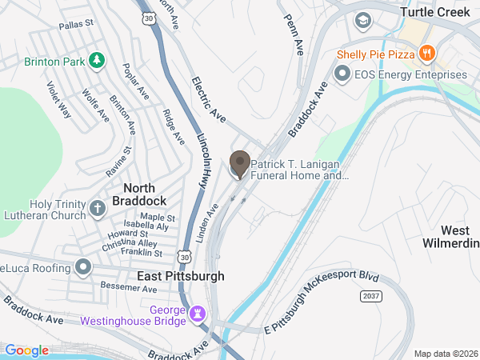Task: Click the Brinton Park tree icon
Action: (x=96, y=60)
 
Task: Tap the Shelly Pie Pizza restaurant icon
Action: (x=428, y=54)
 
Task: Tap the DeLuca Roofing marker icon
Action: (x=82, y=266)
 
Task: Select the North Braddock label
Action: (x=145, y=194)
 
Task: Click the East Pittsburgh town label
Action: (x=180, y=276)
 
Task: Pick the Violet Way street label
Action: (x=58, y=101)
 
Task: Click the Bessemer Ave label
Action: (x=120, y=286)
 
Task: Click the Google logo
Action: (x=27, y=350)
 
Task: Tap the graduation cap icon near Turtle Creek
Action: (x=362, y=20)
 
